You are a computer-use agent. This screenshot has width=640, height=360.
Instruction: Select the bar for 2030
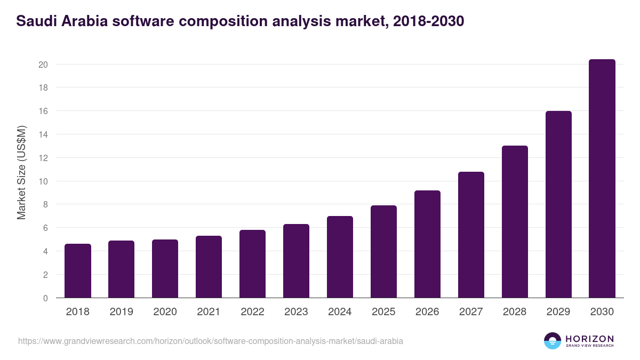(602, 179)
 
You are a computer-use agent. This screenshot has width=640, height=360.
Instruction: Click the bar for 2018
(78, 271)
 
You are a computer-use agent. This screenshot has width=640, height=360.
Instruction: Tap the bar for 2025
(383, 252)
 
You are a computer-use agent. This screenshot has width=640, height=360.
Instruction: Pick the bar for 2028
(515, 222)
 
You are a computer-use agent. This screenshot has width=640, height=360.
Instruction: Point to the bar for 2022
(252, 264)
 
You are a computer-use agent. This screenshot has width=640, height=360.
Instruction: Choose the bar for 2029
(558, 204)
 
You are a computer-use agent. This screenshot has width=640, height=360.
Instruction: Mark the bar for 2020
(165, 269)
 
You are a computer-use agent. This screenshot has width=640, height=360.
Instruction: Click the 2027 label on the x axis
(471, 312)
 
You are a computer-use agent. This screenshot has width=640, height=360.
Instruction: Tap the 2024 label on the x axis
(340, 312)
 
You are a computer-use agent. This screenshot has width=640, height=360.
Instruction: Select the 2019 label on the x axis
(121, 312)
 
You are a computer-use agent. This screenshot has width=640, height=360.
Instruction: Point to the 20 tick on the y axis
(43, 65)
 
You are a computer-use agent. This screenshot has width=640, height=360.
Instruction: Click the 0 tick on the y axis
(46, 298)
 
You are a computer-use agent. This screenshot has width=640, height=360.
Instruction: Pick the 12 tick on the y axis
(43, 158)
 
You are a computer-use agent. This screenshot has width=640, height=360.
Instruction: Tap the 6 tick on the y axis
(46, 228)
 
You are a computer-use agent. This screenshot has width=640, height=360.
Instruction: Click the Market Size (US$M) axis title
(21, 172)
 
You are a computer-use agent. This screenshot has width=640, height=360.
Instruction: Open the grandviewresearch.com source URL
(210, 341)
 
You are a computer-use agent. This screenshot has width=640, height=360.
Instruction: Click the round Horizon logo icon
(553, 341)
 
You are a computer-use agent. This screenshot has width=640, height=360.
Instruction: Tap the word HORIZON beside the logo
(589, 339)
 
